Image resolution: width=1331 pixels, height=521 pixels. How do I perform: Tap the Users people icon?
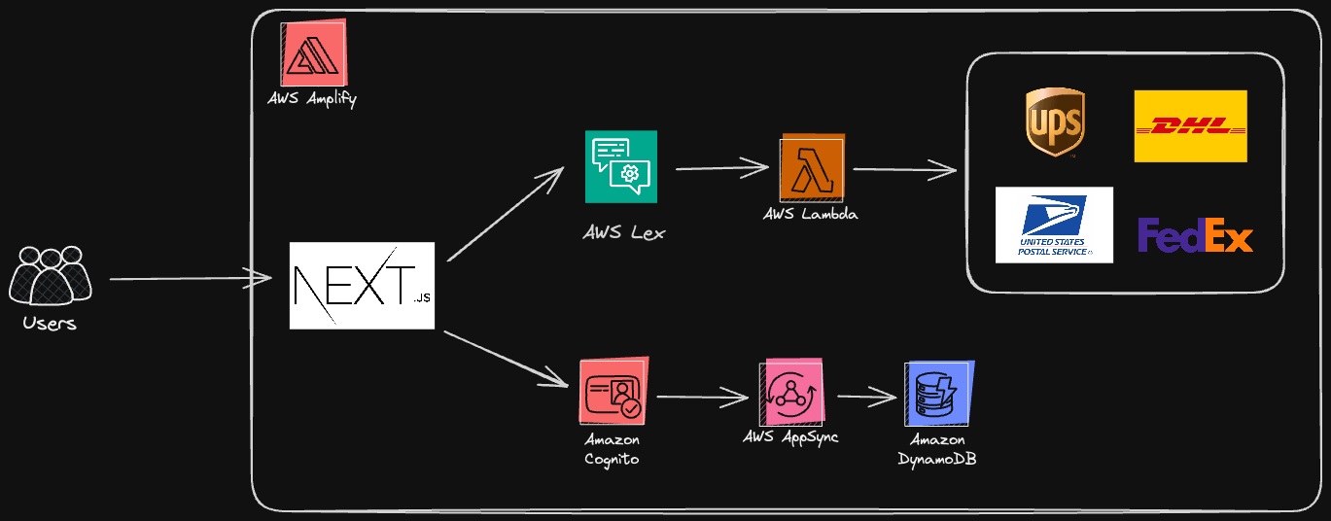(x=51, y=276)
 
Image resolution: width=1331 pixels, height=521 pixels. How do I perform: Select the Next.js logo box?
(x=362, y=285)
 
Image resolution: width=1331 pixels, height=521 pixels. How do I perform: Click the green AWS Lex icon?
(x=621, y=166)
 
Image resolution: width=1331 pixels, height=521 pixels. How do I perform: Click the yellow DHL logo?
(x=1190, y=126)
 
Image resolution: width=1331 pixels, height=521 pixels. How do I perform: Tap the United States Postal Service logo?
(x=1054, y=225)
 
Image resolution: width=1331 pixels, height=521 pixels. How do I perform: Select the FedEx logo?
(x=1195, y=235)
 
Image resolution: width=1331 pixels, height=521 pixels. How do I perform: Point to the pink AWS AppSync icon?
(x=792, y=392)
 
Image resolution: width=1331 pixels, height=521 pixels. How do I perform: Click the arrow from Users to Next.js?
(x=190, y=280)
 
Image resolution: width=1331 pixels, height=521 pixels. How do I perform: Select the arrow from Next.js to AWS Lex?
(x=505, y=215)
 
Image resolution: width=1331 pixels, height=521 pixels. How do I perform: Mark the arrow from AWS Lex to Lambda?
(x=720, y=168)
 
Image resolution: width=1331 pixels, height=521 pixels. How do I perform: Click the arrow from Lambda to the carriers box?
(x=904, y=170)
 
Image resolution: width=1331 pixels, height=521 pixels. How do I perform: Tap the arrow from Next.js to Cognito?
(x=506, y=359)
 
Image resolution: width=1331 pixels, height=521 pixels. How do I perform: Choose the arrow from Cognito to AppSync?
(x=702, y=397)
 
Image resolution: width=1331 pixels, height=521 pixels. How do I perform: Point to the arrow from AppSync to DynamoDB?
(x=865, y=397)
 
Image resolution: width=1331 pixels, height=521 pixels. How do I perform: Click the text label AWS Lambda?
(x=811, y=214)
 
